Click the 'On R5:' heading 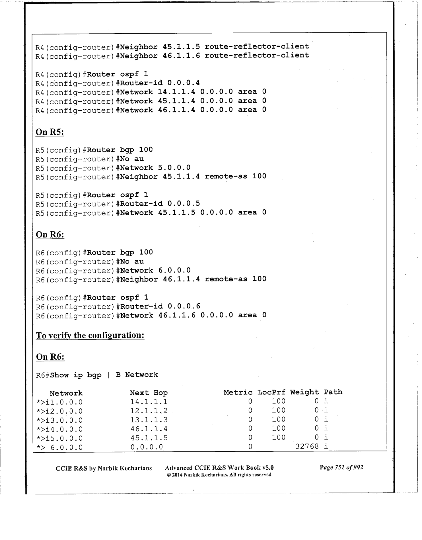coord(50,132)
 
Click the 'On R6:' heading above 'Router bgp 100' coord(50,235)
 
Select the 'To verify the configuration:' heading coord(90,335)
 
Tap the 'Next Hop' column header coord(149,393)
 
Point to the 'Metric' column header coord(238,392)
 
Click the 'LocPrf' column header coord(271,392)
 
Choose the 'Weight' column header coord(304,392)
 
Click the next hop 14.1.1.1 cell coord(149,402)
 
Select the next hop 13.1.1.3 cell coord(149,420)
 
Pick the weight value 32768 coord(307,446)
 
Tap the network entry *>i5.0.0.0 coord(59,438)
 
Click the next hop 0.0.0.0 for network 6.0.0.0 coord(147,447)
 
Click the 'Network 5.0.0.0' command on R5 coord(155,167)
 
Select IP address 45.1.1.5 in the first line coord(181,46)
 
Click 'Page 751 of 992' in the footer coord(341,467)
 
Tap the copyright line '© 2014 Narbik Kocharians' coord(219,475)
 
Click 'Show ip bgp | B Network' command coord(104,375)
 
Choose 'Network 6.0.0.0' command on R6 coord(155,270)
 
